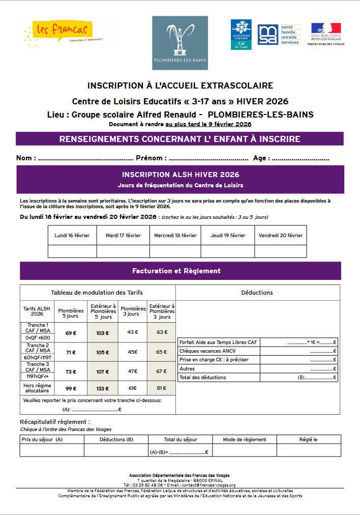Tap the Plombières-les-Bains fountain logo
(179, 36)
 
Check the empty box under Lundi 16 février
(72, 251)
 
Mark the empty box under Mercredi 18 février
(175, 251)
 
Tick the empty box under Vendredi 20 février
(280, 251)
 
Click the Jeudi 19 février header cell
(228, 236)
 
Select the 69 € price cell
(71, 333)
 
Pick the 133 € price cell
(103, 389)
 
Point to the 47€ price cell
(133, 371)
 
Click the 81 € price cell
(162, 389)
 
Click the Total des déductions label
(203, 378)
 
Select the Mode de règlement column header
(245, 440)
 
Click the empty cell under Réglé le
(309, 450)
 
